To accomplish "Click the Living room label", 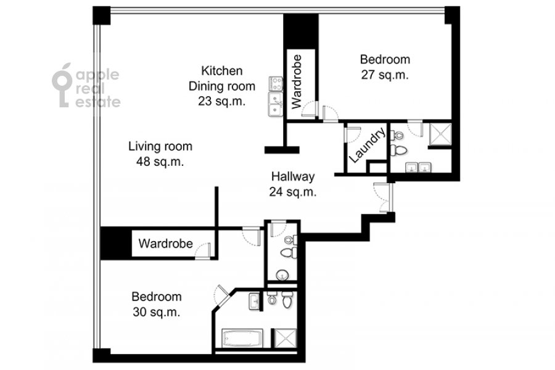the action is point(160,146).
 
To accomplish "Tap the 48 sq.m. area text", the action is point(160,162).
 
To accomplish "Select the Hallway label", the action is point(293,176).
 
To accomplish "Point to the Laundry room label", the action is point(367,145).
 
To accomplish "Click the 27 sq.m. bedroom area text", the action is point(385,75).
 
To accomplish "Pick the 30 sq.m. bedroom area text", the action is point(157,312).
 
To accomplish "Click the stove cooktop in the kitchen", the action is point(276,84).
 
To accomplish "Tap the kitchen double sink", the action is point(276,104).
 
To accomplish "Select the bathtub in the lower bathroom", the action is point(242,339).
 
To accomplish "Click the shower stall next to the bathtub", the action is point(284,339).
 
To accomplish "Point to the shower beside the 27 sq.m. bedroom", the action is point(441,134).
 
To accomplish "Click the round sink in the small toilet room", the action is point(282,275).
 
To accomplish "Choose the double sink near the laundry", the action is point(418,167).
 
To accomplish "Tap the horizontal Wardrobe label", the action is point(166,244).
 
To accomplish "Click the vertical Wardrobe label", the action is point(297,81).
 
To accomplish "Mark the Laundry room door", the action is point(352,134).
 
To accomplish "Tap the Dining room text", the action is point(222,86).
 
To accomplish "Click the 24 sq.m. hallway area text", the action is point(293,192).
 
